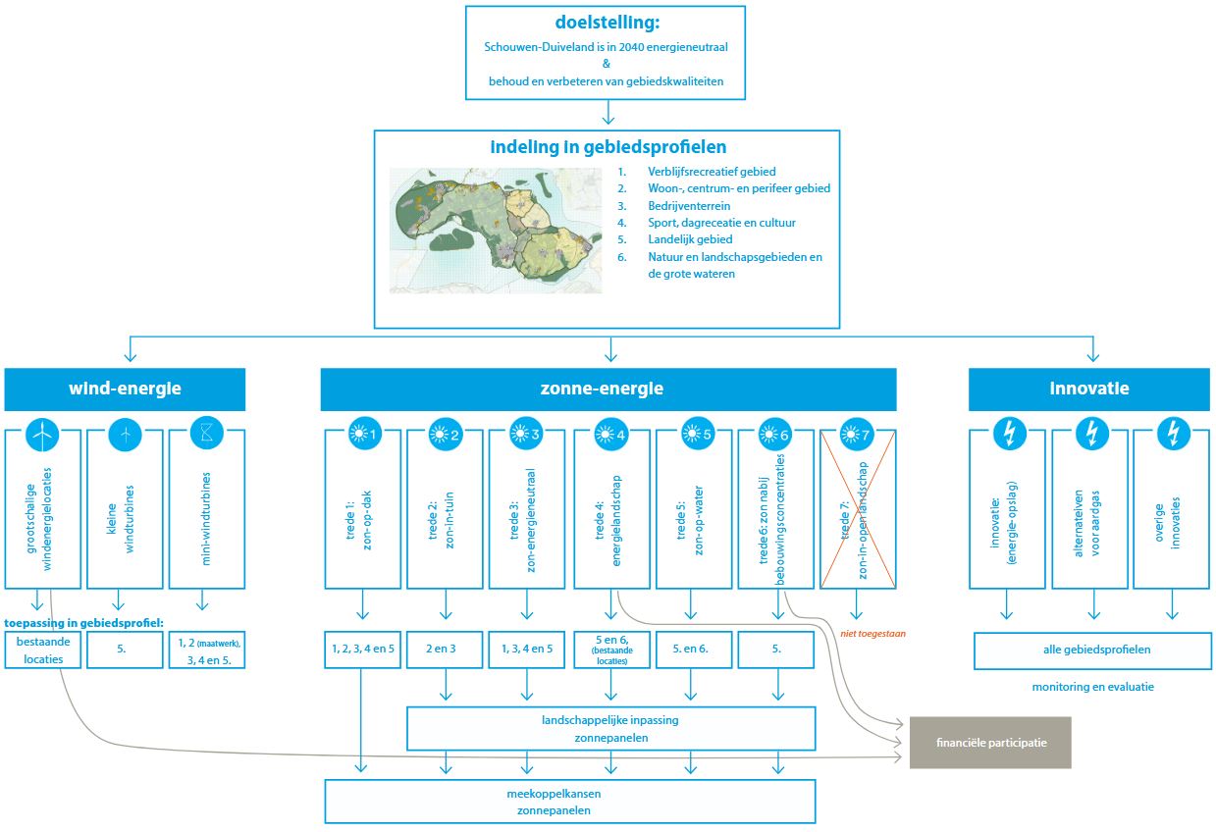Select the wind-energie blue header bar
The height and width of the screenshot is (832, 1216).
coord(125,389)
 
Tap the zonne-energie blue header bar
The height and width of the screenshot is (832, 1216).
coord(608,389)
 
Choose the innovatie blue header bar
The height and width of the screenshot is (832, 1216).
coord(1089,389)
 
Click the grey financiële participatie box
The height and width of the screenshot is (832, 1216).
coord(990,743)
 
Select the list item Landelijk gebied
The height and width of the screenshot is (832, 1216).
coord(690,239)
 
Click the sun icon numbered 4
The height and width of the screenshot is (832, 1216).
coord(611,434)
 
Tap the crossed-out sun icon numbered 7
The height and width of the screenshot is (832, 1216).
coord(857,434)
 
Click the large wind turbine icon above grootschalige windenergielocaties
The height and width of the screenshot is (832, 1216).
coord(41,434)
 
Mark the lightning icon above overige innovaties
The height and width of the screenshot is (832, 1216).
coord(1173,434)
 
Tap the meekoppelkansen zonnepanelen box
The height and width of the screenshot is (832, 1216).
coord(569,802)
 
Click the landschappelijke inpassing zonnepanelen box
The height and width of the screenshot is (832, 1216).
coord(610,728)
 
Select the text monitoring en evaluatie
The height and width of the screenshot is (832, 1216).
coord(1092,687)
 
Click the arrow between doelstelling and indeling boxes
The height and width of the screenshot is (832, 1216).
coord(608,114)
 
